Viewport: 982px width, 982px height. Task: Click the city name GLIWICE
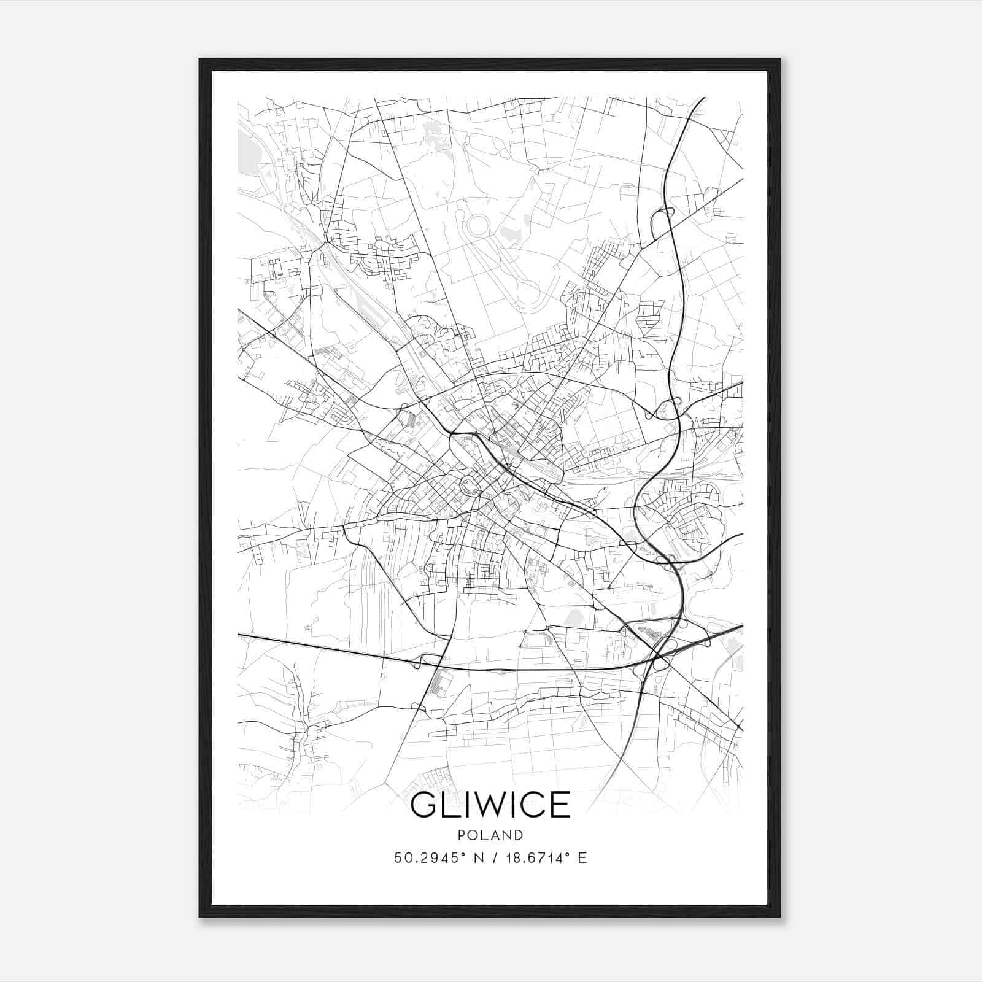pyautogui.click(x=490, y=805)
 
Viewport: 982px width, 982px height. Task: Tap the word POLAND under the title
pyautogui.click(x=490, y=835)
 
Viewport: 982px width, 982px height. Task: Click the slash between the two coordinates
pyautogui.click(x=493, y=858)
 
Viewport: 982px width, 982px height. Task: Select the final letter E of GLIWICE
pyautogui.click(x=561, y=805)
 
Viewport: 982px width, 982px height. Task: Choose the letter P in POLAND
pyautogui.click(x=461, y=835)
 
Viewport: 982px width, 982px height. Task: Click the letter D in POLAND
pyautogui.click(x=519, y=835)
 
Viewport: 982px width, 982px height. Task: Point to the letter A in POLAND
pyautogui.click(x=496, y=835)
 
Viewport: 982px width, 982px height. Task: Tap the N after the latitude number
pyautogui.click(x=479, y=858)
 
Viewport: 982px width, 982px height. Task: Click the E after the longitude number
pyautogui.click(x=582, y=858)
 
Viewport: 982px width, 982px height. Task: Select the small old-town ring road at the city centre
pyautogui.click(x=470, y=487)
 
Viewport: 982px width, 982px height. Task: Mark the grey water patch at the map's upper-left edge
pyautogui.click(x=248, y=150)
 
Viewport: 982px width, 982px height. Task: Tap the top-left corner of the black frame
pyautogui.click(x=200, y=60)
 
